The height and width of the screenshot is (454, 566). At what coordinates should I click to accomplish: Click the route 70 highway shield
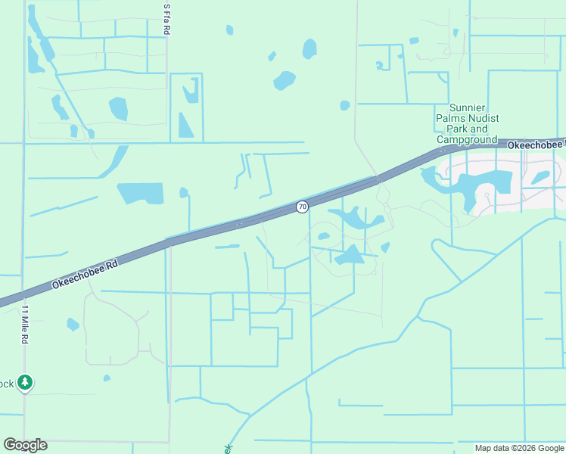pos(302,207)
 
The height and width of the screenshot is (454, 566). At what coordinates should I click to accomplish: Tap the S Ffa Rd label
pos(166,18)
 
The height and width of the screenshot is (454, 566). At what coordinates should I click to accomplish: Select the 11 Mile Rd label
pos(24,325)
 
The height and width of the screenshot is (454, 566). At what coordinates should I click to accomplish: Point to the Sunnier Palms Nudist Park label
pos(468,123)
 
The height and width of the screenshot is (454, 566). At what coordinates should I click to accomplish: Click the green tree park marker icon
pos(26,383)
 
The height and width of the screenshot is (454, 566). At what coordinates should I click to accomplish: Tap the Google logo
pos(25,445)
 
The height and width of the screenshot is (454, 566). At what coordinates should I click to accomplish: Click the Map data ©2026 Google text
pos(519,448)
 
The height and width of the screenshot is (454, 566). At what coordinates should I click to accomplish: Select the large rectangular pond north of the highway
pos(141,193)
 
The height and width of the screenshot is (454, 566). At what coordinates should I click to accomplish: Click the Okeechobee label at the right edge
pos(536,145)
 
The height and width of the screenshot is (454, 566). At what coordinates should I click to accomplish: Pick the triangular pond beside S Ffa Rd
pos(185,126)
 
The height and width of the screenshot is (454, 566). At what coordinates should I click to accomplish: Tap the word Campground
pos(467,139)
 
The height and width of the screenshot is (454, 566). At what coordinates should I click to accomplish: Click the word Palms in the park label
pos(451,118)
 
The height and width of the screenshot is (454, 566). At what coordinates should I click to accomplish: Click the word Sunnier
pos(467,107)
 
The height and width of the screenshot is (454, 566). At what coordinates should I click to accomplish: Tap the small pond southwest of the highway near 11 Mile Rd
pos(73,325)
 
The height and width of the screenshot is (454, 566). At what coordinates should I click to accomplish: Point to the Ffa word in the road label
pos(166,17)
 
